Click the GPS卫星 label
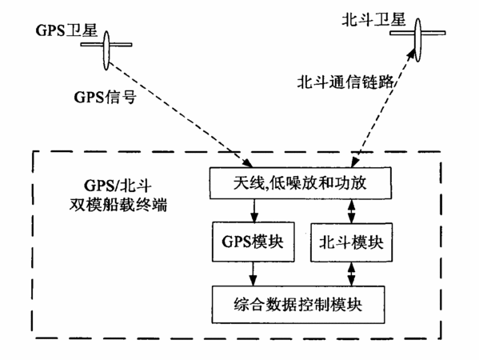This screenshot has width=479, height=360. (66, 30)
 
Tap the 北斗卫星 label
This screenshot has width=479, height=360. (373, 19)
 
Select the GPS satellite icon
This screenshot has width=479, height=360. (106, 50)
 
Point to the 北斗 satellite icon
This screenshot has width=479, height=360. (417, 39)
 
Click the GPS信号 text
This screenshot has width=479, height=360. (105, 97)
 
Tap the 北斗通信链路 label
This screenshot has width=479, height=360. (345, 82)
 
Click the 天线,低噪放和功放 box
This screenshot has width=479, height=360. (301, 183)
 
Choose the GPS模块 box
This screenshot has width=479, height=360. (253, 242)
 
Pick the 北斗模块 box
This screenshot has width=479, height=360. (351, 242)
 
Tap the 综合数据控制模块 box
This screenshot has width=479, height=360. (298, 304)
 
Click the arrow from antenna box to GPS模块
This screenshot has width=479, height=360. (253, 210)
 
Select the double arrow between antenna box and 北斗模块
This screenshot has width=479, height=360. (352, 211)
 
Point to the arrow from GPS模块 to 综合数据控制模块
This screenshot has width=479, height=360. (253, 274)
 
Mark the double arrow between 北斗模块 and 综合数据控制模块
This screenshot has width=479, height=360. (352, 274)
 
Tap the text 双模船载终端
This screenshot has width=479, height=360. (118, 205)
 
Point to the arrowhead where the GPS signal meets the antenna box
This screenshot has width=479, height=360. (248, 163)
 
